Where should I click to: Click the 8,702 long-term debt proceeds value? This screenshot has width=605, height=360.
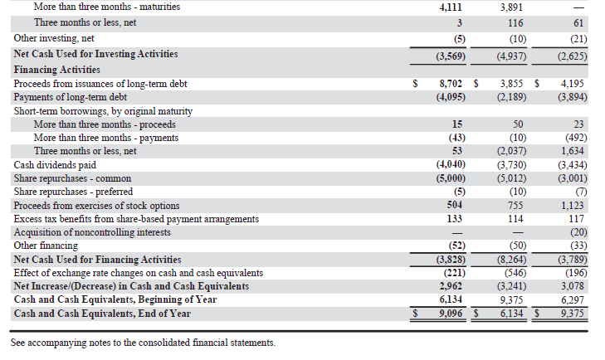(x=451, y=84)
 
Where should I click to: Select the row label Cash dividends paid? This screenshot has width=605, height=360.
(x=55, y=165)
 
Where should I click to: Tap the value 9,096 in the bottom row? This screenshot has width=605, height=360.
(x=451, y=314)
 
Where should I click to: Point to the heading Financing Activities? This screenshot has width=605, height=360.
(x=56, y=70)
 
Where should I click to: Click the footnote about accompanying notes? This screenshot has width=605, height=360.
(x=143, y=343)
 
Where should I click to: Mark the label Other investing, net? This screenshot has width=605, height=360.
(x=53, y=38)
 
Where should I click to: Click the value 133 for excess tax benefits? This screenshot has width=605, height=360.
(x=454, y=219)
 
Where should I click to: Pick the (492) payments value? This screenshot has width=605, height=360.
(x=571, y=138)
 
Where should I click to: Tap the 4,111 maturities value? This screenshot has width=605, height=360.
(x=451, y=7)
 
